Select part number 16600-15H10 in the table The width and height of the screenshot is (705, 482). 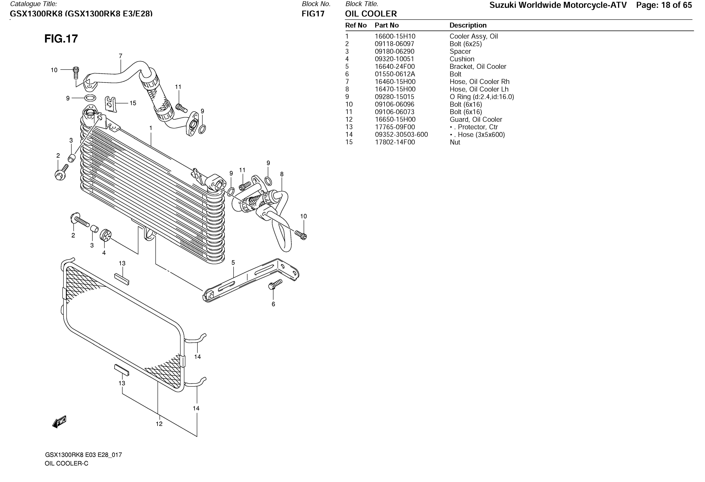point(395,36)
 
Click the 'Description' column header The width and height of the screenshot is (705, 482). point(468,25)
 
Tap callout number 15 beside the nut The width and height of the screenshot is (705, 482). point(133,103)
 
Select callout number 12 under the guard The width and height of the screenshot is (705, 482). point(159,424)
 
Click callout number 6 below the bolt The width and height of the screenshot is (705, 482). point(273,304)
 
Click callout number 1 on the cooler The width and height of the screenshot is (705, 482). point(151,128)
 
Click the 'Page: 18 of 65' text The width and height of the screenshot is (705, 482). point(664,5)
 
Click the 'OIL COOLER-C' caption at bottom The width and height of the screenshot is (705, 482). point(66,463)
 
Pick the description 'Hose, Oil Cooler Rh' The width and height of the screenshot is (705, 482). point(479,82)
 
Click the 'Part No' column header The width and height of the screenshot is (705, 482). point(387,25)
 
